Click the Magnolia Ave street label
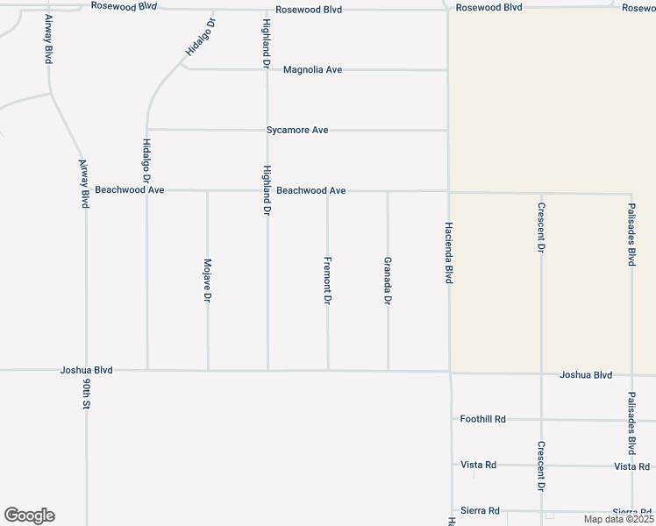[x=312, y=69]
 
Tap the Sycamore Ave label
[x=297, y=130]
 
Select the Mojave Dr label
[x=208, y=281]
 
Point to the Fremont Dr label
[x=327, y=281]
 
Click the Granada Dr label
[x=388, y=281]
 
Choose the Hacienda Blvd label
[x=448, y=252]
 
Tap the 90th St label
[x=86, y=395]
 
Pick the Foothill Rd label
[x=483, y=419]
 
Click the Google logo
[x=29, y=515]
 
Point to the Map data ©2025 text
[x=617, y=519]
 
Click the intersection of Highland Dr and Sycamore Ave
[x=267, y=130]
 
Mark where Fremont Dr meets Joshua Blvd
[x=328, y=370]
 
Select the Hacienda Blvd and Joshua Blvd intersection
[x=449, y=371]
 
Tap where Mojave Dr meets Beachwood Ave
[x=208, y=190]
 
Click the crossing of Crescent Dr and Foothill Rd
[x=541, y=420]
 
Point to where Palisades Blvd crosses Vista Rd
[x=631, y=466]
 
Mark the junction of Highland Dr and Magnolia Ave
[x=267, y=69]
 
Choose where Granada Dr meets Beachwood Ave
[x=388, y=191]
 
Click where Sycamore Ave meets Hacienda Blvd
[x=448, y=131]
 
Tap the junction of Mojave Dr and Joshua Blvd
[x=208, y=370]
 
